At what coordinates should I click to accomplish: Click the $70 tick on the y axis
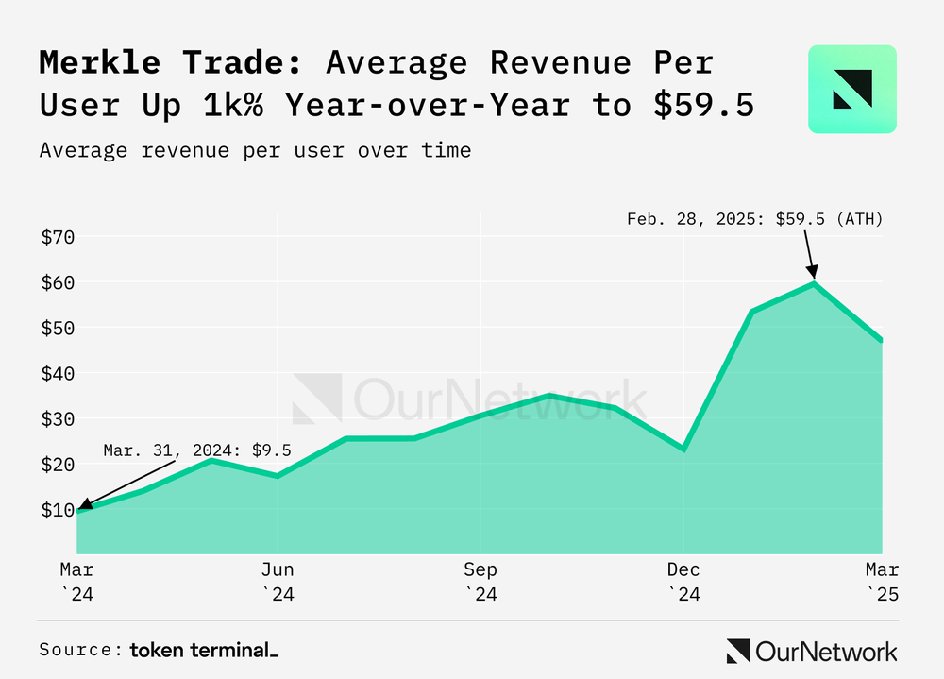[x=58, y=237]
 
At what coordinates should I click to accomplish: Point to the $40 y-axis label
[x=58, y=373]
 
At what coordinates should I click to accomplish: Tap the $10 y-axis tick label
[x=58, y=510]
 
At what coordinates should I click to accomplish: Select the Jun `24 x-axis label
[x=278, y=582]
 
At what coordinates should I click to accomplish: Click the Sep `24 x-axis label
[x=480, y=582]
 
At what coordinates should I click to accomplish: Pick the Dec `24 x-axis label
[x=683, y=582]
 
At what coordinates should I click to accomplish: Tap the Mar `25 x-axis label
[x=884, y=582]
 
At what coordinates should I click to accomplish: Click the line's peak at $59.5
[x=814, y=283]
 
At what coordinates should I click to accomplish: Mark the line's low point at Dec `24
[x=683, y=449]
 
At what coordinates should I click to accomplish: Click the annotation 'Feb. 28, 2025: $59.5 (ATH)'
[x=754, y=219]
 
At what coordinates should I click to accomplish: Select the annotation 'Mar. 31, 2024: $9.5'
[x=197, y=450]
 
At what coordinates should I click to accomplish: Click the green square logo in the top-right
[x=851, y=89]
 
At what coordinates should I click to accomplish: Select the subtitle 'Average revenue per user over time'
[x=255, y=149]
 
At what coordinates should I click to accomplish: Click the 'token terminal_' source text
[x=204, y=650]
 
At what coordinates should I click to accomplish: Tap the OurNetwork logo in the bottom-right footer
[x=812, y=651]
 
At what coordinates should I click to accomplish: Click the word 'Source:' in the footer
[x=81, y=650]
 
